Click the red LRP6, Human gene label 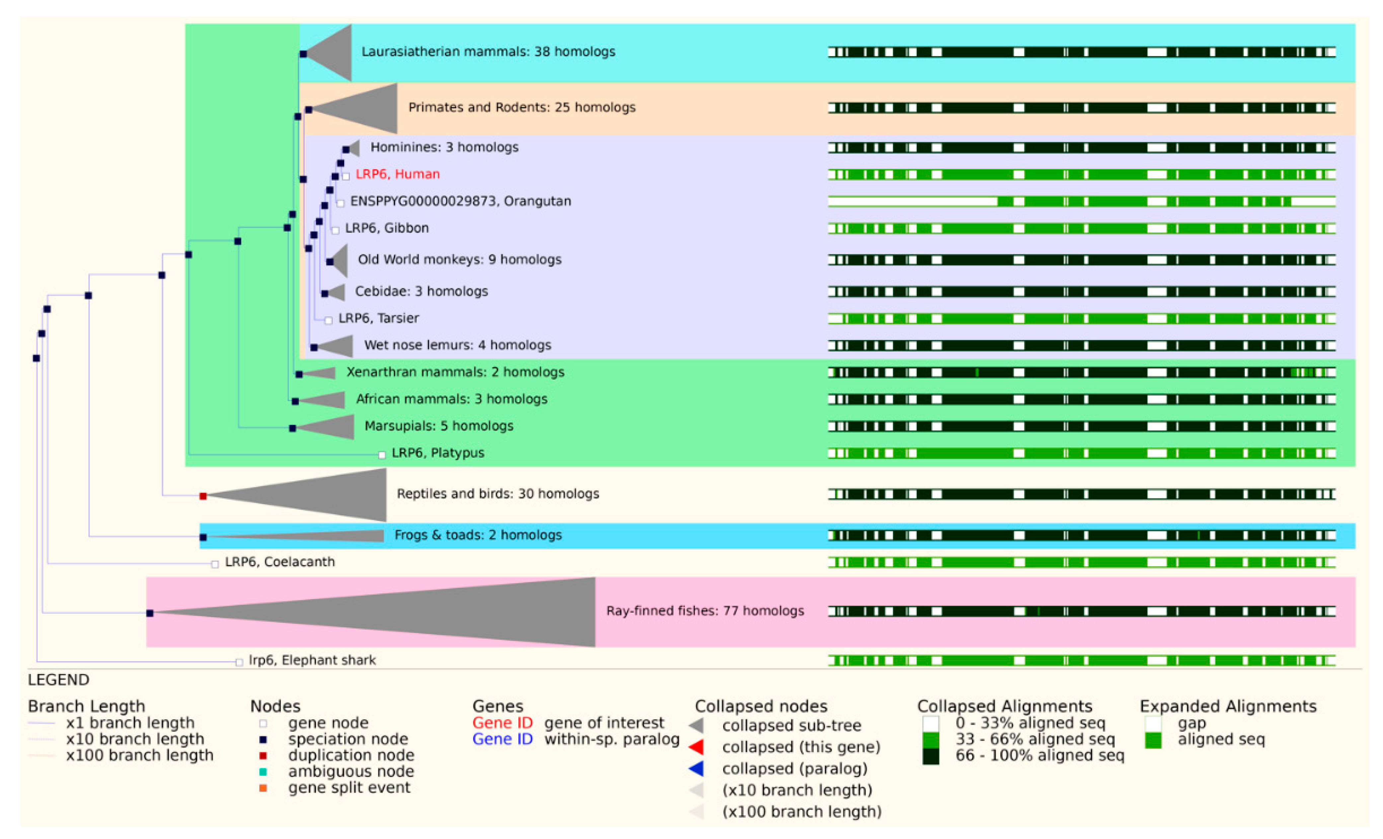click(397, 174)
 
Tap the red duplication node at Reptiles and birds click(203, 496)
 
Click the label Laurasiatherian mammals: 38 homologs click(488, 52)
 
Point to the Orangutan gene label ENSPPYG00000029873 click(460, 201)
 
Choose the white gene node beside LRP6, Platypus click(382, 455)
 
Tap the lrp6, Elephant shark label click(312, 660)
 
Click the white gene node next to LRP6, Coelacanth click(214, 564)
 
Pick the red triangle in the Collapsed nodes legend click(697, 747)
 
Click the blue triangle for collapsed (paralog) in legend click(697, 768)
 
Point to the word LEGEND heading click(58, 680)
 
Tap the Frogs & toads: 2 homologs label click(478, 535)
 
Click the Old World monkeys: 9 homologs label click(459, 259)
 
